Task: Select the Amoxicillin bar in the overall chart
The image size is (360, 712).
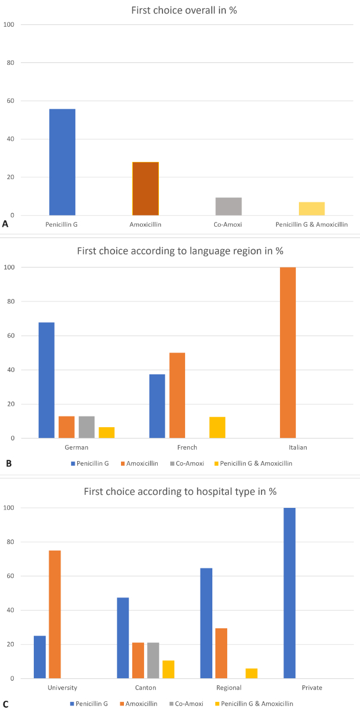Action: point(145,189)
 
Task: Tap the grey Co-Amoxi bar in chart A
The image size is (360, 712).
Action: point(228,206)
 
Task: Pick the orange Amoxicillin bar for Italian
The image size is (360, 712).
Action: point(288,352)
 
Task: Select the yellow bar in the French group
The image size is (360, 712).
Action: point(217,427)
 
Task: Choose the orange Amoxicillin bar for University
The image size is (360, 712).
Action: point(55,614)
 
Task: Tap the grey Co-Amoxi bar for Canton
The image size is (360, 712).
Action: point(153,660)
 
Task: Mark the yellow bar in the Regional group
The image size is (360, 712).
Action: point(251,673)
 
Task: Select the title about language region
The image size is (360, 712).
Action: point(180,250)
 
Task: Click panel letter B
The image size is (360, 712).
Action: point(8,463)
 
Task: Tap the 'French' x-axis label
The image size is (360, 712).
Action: point(187,447)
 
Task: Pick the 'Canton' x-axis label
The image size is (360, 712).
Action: point(145,688)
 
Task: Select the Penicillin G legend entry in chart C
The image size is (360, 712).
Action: point(91,703)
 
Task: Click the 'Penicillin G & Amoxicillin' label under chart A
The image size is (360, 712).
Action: point(311,225)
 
